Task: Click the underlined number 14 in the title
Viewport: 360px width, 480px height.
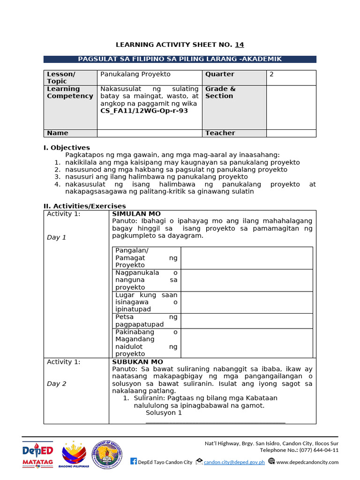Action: pyautogui.click(x=239, y=45)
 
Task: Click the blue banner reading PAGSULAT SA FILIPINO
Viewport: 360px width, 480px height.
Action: pyautogui.click(x=180, y=59)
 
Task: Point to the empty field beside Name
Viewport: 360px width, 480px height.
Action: pyautogui.click(x=149, y=133)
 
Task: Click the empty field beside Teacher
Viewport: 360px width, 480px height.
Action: pyautogui.click(x=291, y=133)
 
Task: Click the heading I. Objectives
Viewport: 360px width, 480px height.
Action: pyautogui.click(x=67, y=148)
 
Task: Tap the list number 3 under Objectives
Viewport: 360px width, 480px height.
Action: pyautogui.click(x=57, y=177)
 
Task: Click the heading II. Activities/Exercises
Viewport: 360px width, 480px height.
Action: pyautogui.click(x=85, y=206)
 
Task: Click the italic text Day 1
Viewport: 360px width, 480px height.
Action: pyautogui.click(x=56, y=237)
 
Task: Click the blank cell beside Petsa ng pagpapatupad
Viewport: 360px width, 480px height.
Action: pyautogui.click(x=247, y=321)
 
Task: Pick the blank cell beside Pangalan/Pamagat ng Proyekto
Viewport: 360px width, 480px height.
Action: pyautogui.click(x=247, y=258)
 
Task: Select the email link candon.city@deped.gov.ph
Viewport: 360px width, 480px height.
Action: pyautogui.click(x=234, y=462)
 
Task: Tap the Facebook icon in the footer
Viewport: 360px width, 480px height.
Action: pyautogui.click(x=133, y=462)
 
